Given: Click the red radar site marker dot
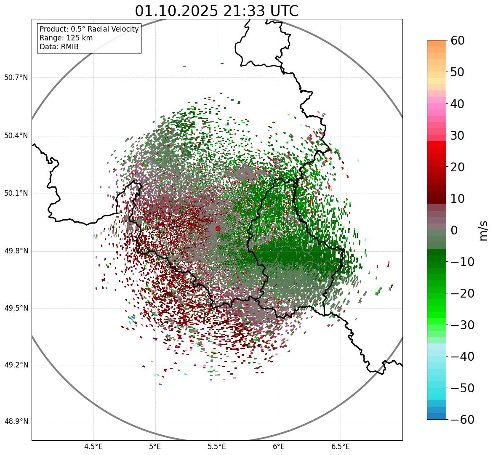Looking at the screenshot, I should [x=218, y=229].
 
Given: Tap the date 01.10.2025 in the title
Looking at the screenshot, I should [x=176, y=11].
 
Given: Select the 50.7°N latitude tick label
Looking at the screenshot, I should [x=16, y=77].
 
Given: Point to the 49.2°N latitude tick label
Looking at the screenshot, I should [x=16, y=365].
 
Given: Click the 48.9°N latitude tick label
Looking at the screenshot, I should [x=16, y=422].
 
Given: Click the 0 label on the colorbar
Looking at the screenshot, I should [x=454, y=230].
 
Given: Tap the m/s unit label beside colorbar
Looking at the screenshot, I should [x=484, y=230].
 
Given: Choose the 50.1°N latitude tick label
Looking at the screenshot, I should [x=16, y=193].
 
